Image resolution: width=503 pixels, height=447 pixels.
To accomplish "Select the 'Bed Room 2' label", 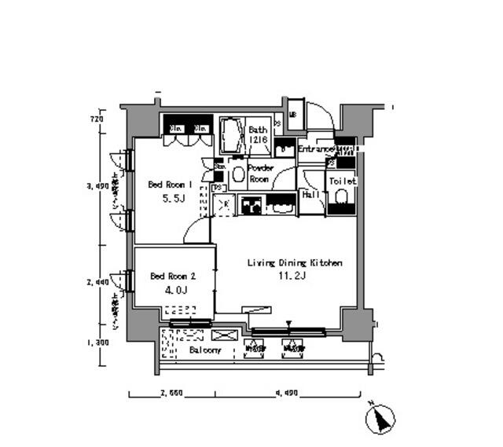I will (171, 276).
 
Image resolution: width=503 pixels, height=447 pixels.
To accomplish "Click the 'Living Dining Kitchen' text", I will (295, 263).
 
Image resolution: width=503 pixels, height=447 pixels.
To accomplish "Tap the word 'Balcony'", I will (205, 350).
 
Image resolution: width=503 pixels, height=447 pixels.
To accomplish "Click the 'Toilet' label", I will (343, 181).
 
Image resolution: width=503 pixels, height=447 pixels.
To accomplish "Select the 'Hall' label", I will (310, 195).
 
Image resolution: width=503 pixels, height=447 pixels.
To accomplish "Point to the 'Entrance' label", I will (316, 148).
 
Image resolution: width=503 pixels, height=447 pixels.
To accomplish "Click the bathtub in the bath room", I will (230, 137).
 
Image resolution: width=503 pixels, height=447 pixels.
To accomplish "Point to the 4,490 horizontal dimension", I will (286, 394).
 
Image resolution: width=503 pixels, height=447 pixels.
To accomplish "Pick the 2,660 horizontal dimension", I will (171, 394).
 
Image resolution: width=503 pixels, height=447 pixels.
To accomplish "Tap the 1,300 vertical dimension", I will (97, 342).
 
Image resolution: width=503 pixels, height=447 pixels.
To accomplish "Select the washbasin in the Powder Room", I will (237, 174).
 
